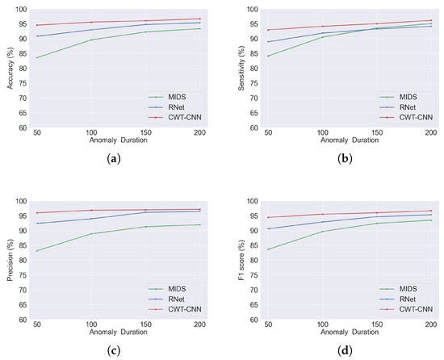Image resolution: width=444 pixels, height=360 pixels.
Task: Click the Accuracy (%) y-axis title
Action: (10, 68)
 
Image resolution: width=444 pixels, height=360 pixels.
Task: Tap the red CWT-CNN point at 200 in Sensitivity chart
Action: (431, 20)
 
